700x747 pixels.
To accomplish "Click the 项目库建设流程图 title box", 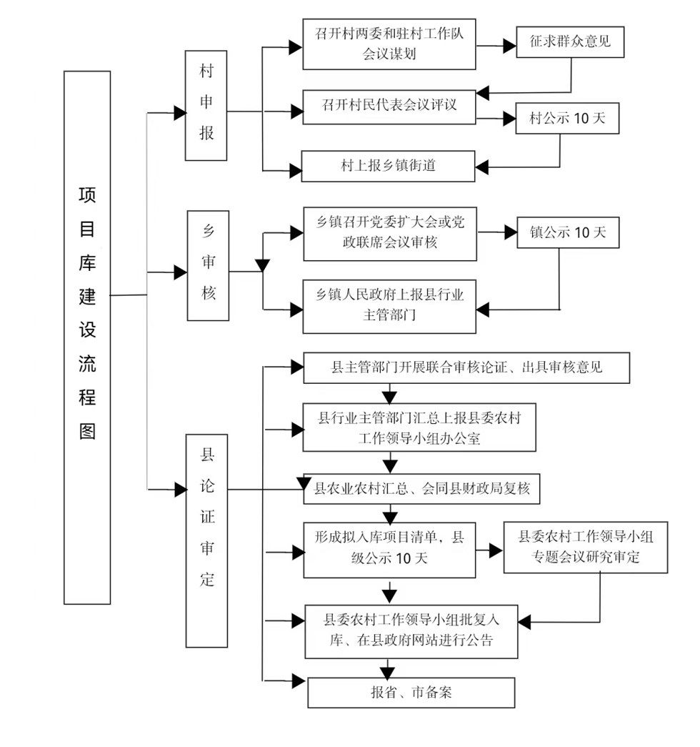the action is click(87, 337).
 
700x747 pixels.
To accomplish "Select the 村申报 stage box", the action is click(206, 105).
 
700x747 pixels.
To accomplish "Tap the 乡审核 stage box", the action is click(208, 265).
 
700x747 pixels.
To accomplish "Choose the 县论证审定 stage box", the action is click(206, 540).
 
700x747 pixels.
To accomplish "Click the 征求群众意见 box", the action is click(570, 42).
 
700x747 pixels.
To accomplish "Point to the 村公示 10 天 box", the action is click(567, 118).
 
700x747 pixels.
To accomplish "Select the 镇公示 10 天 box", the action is click(568, 232).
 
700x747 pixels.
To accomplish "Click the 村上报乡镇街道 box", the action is click(388, 167).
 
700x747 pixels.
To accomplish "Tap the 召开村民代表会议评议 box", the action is click(389, 107).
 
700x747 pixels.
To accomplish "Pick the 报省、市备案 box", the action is click(411, 692).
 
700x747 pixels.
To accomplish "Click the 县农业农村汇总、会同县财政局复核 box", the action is click(421, 489).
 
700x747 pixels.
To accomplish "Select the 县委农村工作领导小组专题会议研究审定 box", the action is click(586, 547).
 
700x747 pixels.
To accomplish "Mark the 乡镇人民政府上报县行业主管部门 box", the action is click(389, 307).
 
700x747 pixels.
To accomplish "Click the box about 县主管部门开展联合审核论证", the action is click(466, 368).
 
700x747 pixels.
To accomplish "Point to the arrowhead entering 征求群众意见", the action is click(510, 46).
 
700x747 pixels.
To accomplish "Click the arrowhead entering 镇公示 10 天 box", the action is click(511, 232).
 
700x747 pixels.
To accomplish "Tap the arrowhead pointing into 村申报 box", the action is click(179, 113).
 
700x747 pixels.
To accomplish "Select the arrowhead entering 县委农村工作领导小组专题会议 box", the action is click(496, 550).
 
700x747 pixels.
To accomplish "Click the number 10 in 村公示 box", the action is click(581, 118).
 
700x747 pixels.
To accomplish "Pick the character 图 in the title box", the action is click(87, 431).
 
